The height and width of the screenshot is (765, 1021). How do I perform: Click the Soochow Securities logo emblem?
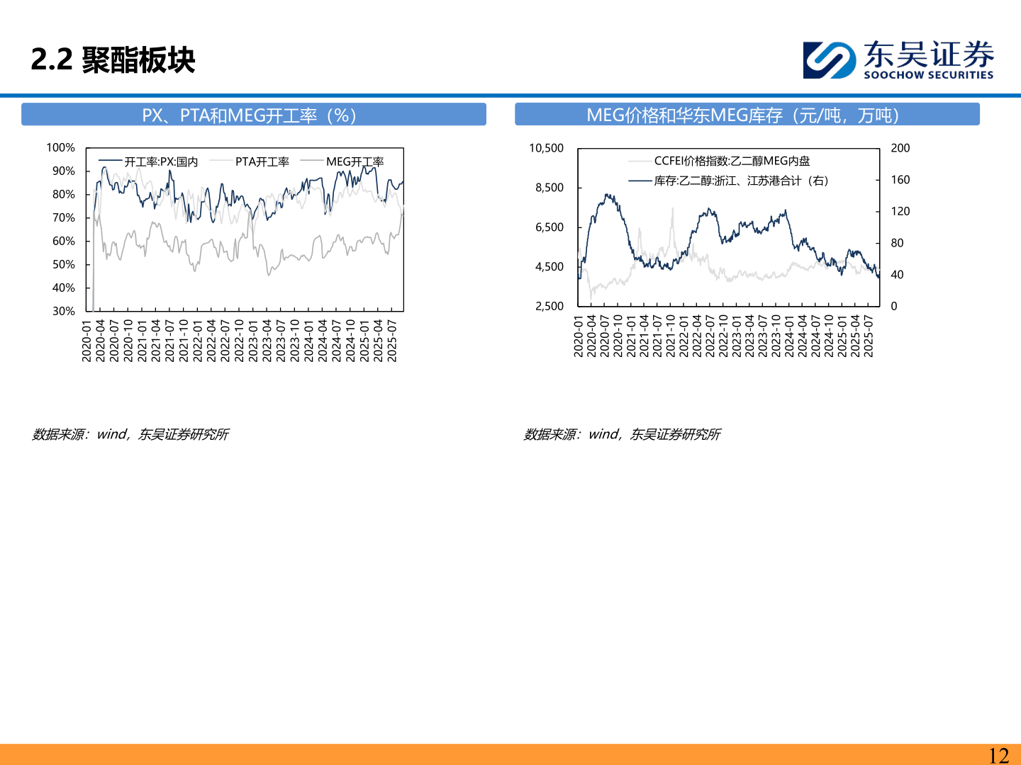click(830, 60)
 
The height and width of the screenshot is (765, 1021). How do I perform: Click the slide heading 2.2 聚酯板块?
click(113, 60)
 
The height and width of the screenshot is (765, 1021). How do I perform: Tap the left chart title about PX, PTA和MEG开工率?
click(249, 115)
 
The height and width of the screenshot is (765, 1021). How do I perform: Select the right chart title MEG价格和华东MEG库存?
click(743, 115)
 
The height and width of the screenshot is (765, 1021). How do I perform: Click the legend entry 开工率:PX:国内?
click(148, 161)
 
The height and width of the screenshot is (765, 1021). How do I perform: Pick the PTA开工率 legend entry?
click(250, 161)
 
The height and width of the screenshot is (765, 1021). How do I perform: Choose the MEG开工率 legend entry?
click(342, 161)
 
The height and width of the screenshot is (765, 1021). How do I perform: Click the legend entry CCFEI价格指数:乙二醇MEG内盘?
click(719, 161)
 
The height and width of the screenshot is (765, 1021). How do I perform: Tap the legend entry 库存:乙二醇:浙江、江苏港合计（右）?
click(728, 181)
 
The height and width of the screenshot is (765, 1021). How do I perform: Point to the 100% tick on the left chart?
click(60, 148)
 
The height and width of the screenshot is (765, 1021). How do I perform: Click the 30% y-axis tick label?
click(64, 311)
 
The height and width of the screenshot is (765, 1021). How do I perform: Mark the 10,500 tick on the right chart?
click(546, 148)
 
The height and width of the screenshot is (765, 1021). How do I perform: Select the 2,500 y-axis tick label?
click(549, 306)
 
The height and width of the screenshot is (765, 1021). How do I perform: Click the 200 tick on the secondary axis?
click(900, 148)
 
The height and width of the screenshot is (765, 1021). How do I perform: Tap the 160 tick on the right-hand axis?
click(900, 180)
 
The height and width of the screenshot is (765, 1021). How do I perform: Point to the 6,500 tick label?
click(549, 227)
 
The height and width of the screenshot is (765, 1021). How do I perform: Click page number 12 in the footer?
click(998, 755)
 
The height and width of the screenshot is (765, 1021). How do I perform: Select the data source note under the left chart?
click(130, 434)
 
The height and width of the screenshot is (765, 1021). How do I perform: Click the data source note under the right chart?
click(622, 434)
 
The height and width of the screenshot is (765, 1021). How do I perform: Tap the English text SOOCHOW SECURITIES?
click(928, 75)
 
